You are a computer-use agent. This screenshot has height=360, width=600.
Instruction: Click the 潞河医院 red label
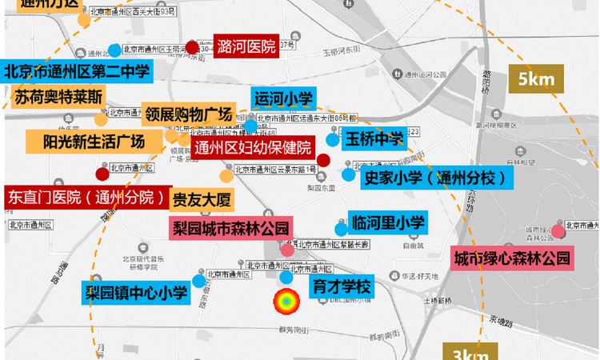[246, 46]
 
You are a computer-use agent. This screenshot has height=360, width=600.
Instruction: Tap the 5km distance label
[535, 80]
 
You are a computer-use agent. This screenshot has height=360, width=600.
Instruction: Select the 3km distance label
[471, 353]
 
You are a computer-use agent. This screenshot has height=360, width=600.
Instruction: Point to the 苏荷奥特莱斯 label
[58, 97]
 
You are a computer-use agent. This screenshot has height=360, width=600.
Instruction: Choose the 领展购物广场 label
[187, 113]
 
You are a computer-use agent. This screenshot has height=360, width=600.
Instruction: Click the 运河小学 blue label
[282, 99]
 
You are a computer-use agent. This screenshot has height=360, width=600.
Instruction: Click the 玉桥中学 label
[374, 139]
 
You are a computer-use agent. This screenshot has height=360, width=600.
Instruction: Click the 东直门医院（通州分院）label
[87, 197]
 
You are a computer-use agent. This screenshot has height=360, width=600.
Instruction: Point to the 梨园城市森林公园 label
[231, 226]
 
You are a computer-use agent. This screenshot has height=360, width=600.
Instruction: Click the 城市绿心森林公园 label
[513, 258]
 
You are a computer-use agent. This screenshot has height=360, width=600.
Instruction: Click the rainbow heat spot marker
[286, 303]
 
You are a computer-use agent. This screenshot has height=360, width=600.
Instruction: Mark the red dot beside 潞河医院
[192, 46]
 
